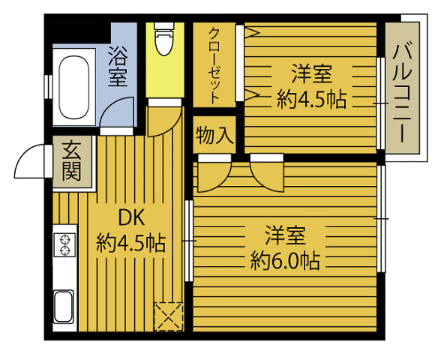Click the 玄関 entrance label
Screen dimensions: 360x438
[x=72, y=161]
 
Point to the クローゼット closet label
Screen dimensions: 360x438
[x=214, y=64]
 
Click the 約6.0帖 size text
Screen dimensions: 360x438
[x=286, y=260]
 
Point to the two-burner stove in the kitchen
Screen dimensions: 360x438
[x=64, y=245]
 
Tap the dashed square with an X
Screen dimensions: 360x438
[x=167, y=316]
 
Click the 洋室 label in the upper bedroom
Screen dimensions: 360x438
[x=311, y=74]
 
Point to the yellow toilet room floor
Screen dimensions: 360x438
[x=164, y=75]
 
